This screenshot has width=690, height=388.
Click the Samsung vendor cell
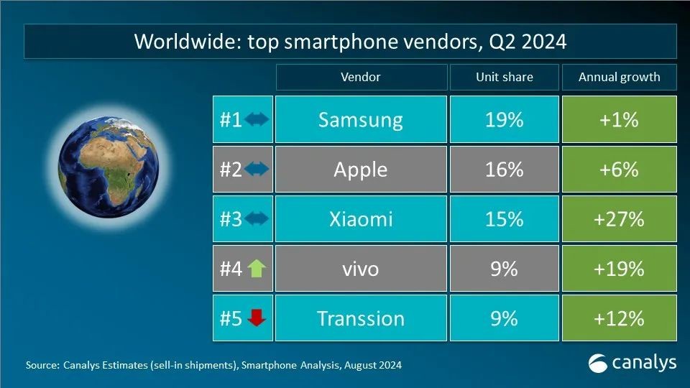(360, 119)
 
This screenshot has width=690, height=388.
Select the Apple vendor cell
(360, 170)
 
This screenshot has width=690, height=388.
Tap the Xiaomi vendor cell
(360, 219)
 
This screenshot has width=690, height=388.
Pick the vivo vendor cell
(360, 269)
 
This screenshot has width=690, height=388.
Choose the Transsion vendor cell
(360, 318)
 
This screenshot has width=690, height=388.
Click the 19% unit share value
(504, 119)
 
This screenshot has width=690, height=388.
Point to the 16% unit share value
(504, 170)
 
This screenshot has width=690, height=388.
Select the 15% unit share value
(504, 219)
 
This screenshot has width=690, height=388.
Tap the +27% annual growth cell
(619, 219)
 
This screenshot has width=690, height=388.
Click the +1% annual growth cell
(619, 119)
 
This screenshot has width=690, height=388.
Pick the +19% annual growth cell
(619, 269)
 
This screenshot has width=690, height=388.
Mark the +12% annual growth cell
(619, 318)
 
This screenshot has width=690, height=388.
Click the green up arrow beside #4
(257, 269)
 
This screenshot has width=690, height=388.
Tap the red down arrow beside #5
(257, 318)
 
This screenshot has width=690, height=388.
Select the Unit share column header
(504, 77)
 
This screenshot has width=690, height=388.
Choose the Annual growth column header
(619, 77)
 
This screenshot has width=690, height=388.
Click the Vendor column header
(360, 77)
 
